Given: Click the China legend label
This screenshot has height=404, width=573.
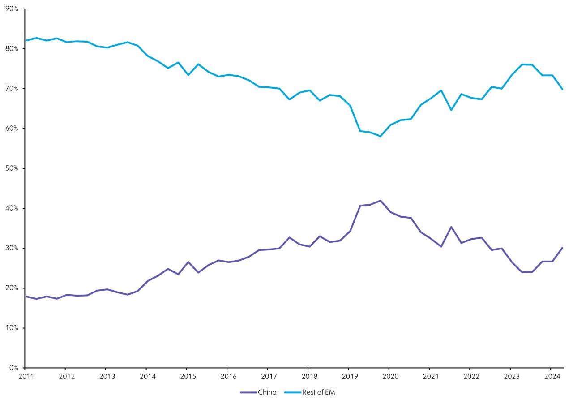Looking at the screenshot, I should tap(267, 392).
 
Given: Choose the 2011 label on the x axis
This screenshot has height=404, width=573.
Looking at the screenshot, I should tap(26, 376).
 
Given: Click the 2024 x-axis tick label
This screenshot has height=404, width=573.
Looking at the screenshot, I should tap(550, 376).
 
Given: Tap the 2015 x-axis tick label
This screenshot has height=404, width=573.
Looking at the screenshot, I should tap(187, 376).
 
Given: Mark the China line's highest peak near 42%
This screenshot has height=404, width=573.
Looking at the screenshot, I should tap(380, 201).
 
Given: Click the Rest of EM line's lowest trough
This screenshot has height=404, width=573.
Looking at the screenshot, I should tap(380, 136).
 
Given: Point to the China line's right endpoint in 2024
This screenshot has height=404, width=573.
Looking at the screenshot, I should tap(562, 248).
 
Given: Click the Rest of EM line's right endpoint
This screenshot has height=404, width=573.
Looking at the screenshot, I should tap(562, 89).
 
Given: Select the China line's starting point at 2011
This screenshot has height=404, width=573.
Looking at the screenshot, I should tap(26, 297).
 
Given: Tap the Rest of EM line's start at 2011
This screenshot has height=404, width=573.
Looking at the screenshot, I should tap(26, 40).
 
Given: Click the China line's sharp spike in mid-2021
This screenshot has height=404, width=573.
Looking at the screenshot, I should tap(451, 227).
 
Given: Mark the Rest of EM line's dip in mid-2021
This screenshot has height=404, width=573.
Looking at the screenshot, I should tap(451, 110).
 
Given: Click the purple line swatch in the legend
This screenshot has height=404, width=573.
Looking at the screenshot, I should tap(248, 392).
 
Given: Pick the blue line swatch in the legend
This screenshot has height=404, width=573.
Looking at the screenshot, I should tap(293, 392).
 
